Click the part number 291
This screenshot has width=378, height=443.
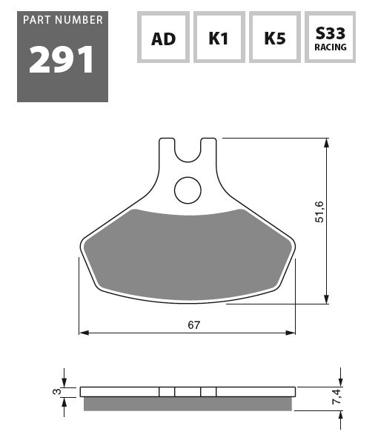[61, 59]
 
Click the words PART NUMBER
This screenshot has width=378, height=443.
[63, 20]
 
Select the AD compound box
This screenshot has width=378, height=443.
[163, 37]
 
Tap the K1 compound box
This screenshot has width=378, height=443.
[219, 37]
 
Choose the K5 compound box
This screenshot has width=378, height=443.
[275, 37]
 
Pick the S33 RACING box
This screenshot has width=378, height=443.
[331, 37]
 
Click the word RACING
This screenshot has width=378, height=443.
[331, 47]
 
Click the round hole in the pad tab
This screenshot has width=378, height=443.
[188, 190]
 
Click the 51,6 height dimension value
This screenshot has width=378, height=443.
[319, 212]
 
